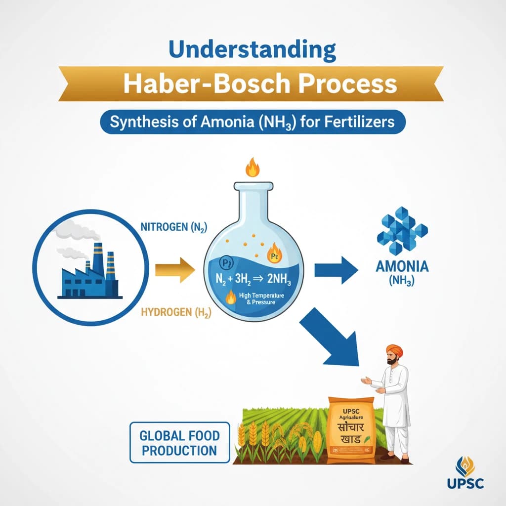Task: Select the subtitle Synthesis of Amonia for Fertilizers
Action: [253, 122]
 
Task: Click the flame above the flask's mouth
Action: [253, 168]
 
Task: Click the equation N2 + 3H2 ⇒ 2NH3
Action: [253, 279]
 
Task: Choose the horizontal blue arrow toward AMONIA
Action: [336, 270]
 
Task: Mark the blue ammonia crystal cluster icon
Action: [401, 230]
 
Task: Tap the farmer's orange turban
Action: [393, 350]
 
